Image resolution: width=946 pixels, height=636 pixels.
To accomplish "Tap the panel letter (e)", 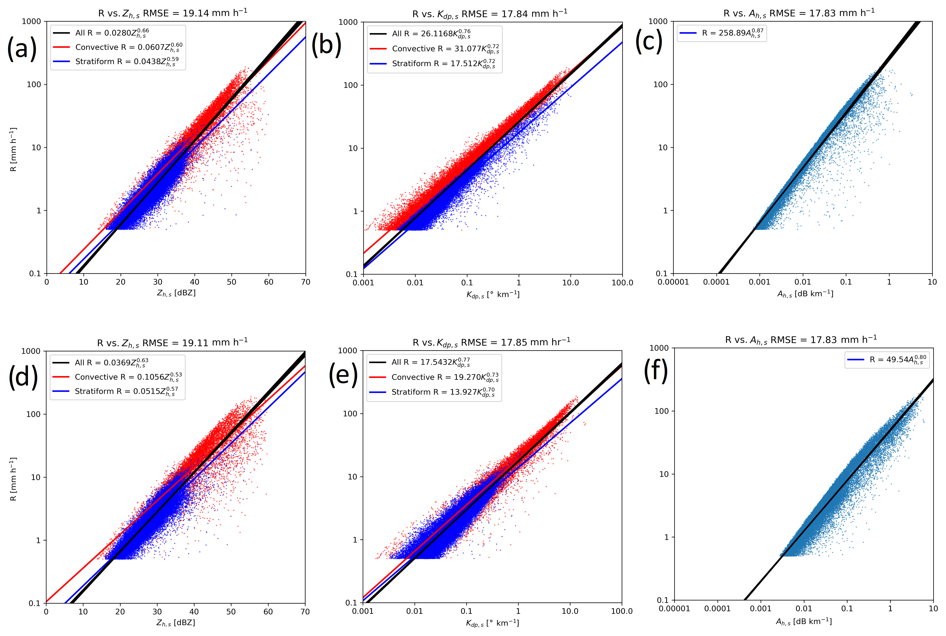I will [343, 374].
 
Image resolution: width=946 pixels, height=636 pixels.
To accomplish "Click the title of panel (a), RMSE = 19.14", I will [172, 13].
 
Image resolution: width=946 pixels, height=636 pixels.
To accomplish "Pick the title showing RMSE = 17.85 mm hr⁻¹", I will [491, 342].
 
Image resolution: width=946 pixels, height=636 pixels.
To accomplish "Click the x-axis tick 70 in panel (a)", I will [306, 282].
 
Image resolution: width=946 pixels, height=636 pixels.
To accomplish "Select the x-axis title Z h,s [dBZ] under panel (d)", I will [176, 623].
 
